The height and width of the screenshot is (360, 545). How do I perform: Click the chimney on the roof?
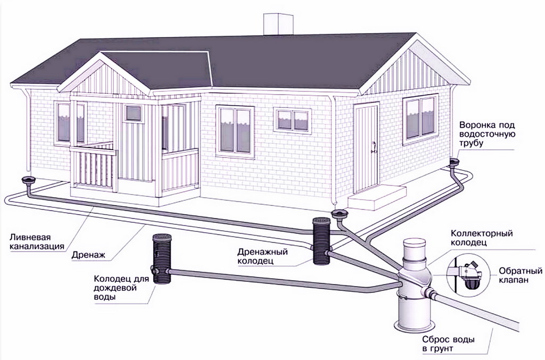point(278,23)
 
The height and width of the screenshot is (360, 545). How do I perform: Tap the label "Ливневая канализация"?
point(37,242)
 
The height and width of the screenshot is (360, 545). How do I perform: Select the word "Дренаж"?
point(88,255)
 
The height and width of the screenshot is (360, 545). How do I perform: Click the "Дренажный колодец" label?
point(263,256)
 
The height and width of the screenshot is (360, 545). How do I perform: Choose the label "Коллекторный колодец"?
point(482,238)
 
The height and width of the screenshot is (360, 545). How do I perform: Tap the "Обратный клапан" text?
point(521,275)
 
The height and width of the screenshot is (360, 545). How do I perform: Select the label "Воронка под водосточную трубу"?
point(487,134)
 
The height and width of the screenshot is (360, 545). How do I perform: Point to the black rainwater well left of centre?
point(162,258)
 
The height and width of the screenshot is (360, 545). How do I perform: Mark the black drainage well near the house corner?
point(321,241)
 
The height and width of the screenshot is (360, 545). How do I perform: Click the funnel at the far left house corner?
point(29,181)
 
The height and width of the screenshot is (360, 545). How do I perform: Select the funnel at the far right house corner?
point(454,163)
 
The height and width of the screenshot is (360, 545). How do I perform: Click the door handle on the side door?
point(374,147)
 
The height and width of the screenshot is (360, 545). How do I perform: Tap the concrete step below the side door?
point(377,197)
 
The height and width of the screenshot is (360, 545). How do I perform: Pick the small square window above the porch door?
point(134,113)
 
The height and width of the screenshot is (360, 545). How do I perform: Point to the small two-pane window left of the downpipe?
point(292,120)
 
